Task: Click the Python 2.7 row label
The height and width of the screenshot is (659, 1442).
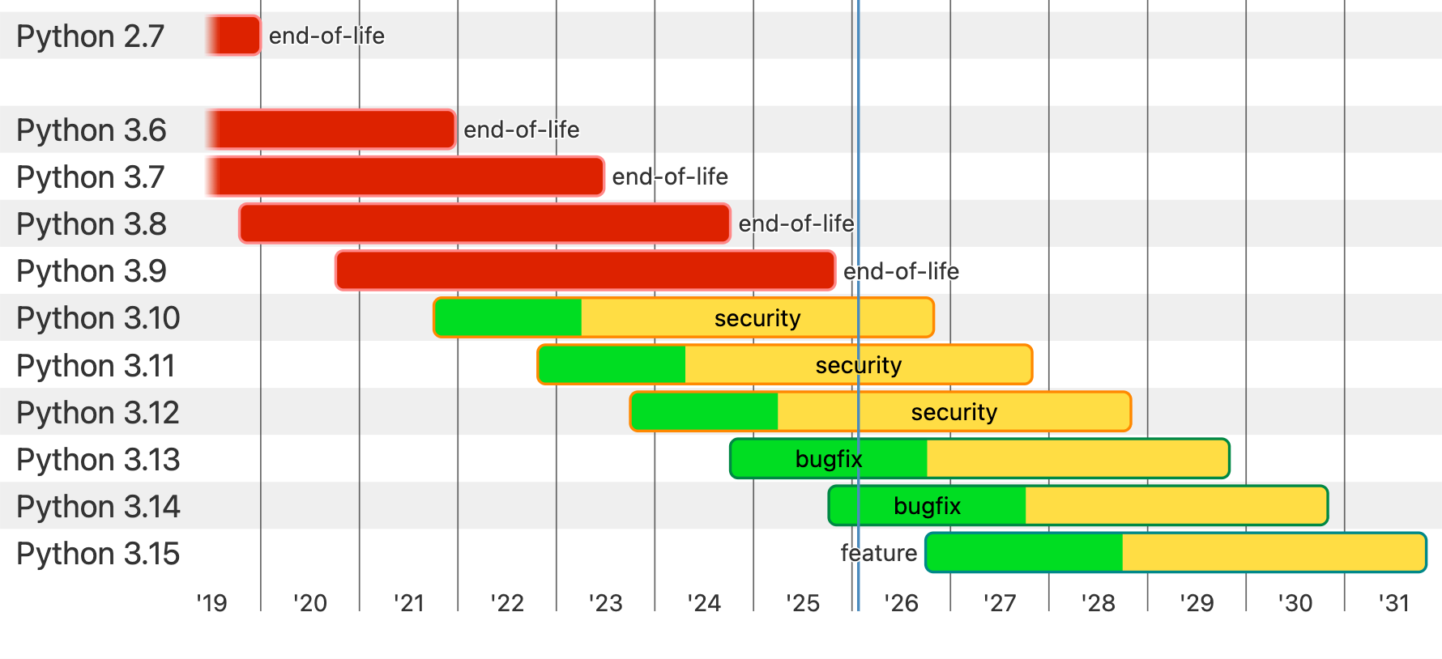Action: coord(90,36)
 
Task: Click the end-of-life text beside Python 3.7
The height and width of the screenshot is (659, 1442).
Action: coord(670,176)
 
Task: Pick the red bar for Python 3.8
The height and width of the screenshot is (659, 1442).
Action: coord(484,223)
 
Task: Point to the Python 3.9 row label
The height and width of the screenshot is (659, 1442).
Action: coord(92,271)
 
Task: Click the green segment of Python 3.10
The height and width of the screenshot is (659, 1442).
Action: coord(508,317)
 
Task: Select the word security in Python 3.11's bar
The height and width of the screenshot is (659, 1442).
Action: coord(858,365)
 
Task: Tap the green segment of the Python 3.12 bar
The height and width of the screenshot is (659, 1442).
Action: coord(704,411)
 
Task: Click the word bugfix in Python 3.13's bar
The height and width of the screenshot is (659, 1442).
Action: coord(828,459)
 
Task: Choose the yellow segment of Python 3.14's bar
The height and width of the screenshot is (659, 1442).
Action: coord(1175,506)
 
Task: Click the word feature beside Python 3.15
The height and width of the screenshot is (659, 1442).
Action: coord(878,553)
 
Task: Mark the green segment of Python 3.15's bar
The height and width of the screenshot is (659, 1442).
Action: coord(1025,552)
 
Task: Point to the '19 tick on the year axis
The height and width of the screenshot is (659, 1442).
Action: coord(211,603)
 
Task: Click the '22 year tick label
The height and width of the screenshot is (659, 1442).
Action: coord(507,603)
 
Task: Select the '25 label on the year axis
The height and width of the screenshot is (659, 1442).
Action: coord(803,603)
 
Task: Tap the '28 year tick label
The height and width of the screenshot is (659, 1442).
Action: coord(1099,603)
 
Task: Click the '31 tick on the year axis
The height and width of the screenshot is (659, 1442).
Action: coord(1394,603)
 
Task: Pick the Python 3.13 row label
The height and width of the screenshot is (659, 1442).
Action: coord(98,460)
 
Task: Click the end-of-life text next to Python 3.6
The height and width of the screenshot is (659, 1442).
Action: coord(521,130)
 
